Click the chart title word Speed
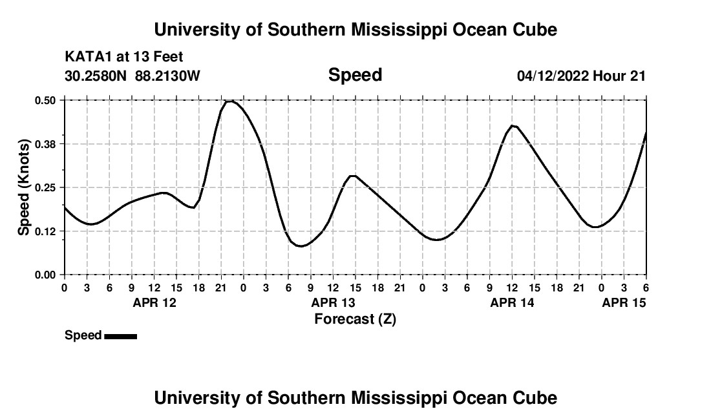[x=355, y=75]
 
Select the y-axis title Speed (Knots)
[x=24, y=187]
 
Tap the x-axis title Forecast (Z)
[x=355, y=319]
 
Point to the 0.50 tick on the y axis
[x=46, y=100]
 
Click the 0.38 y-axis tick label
[x=46, y=143]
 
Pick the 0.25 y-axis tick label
[x=46, y=187]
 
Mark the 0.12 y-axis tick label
[x=46, y=231]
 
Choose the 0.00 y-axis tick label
[x=46, y=275]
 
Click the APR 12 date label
[x=154, y=302]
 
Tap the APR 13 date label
[x=333, y=302]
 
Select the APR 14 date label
[x=512, y=302]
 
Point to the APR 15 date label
[x=624, y=302]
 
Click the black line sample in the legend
[x=120, y=336]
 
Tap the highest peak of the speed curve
[x=229, y=101]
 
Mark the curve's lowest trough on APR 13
[x=300, y=246]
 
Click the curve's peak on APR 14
[x=512, y=125]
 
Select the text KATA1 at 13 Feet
[x=124, y=58]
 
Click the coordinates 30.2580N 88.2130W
[x=133, y=76]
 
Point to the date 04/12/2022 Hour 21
[x=581, y=76]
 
